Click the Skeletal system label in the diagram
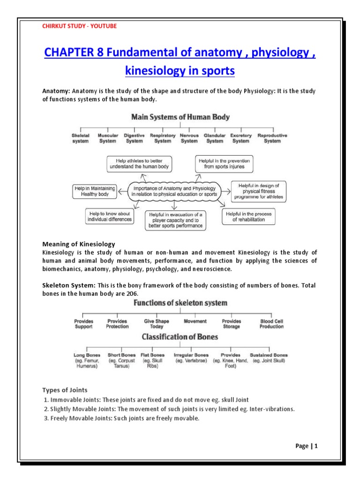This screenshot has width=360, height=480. coord(81,138)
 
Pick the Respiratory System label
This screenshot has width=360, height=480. coord(163,138)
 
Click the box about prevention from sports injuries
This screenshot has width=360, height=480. coord(224,163)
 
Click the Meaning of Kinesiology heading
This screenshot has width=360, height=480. coord(79,244)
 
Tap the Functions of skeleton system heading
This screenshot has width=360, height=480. coord(180,303)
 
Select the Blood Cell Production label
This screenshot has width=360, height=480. coord(271,324)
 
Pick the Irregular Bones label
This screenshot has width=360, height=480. coord(191,355)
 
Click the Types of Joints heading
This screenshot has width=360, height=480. coord(65,390)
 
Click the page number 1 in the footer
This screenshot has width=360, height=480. coord(316,446)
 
